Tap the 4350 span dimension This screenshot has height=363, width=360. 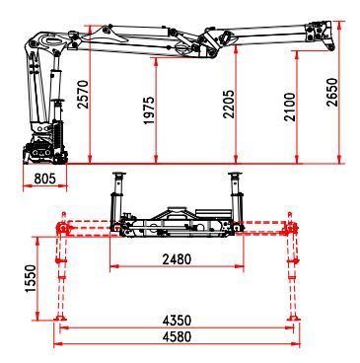pos(178,321)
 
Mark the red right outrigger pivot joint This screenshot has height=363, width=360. pos(291,230)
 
